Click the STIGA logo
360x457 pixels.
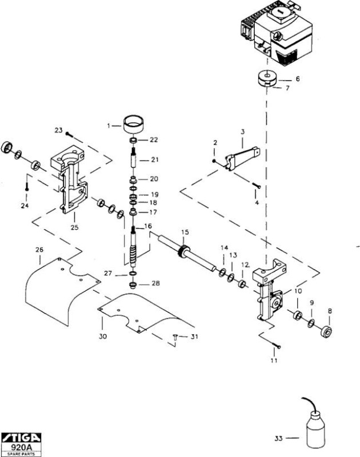[21, 438]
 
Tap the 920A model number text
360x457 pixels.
[21, 447]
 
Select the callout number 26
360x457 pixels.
[39, 250]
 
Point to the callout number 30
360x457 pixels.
[103, 336]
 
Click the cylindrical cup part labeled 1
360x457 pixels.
[134, 125]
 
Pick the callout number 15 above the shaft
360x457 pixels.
[185, 232]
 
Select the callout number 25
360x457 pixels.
[75, 227]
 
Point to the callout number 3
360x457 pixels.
[242, 132]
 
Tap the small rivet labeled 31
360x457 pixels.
[175, 337]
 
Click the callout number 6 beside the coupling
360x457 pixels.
[297, 79]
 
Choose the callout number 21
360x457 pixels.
[154, 160]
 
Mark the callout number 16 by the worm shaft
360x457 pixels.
[148, 226]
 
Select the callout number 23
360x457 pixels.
[59, 130]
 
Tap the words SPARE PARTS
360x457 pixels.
[21, 454]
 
